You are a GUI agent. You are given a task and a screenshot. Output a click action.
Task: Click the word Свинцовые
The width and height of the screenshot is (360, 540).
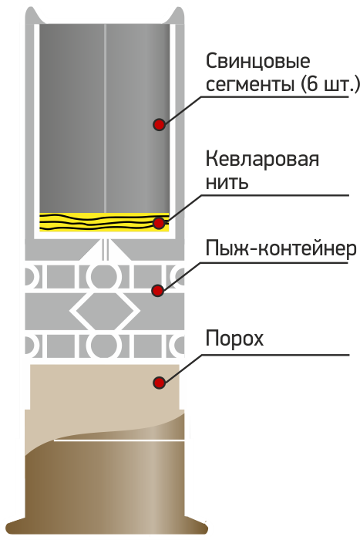tap(257, 62)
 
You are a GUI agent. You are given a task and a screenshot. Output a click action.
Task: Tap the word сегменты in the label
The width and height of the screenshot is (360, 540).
tap(251, 84)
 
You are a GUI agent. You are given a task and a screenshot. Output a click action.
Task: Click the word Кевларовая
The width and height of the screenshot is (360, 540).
tap(262, 160)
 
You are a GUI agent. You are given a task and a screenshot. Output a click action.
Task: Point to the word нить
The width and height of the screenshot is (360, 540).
tap(227, 182)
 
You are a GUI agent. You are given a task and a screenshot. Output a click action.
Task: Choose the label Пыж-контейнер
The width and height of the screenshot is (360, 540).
tap(281, 248)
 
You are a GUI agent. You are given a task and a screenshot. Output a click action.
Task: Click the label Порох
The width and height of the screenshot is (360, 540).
tap(234, 339)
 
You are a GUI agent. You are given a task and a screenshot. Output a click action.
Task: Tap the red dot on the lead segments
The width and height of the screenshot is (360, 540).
tap(159, 124)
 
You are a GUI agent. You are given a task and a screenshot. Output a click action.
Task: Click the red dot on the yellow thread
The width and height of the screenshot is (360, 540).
tap(159, 223)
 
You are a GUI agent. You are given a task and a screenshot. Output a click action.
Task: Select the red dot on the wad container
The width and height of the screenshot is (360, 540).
tap(158, 291)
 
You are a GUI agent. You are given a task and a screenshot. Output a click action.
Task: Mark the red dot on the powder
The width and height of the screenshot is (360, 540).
tap(159, 383)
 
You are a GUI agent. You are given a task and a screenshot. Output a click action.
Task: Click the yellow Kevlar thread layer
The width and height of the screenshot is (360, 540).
tap(104, 222)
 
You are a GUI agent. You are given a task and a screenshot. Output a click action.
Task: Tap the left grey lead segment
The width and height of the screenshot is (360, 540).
tap(72, 118)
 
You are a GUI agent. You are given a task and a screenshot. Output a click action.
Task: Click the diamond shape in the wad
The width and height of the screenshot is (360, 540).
tap(105, 312)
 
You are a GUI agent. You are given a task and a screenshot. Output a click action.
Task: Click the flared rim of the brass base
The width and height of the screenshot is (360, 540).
tap(107, 527)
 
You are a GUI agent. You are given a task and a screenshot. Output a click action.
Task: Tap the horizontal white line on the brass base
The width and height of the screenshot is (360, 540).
tap(119, 440)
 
